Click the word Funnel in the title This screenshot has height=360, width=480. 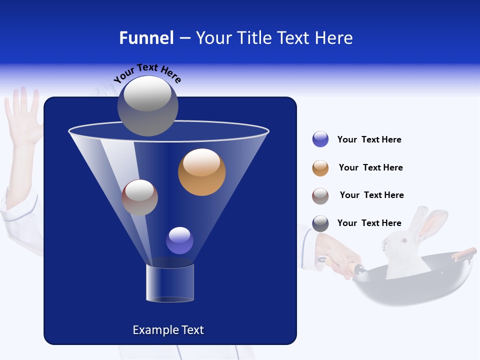point(146,38)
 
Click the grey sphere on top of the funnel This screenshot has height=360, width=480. point(147,105)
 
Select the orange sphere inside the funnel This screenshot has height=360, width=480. point(201,172)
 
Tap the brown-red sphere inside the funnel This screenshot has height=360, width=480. point(139,197)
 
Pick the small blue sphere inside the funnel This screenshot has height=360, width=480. point(179,240)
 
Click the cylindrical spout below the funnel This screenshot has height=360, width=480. point(169,283)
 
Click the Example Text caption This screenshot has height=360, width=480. point(168,330)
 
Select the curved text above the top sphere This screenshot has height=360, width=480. point(147,73)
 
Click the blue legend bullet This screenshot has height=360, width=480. point(320,139)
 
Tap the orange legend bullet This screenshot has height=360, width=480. point(320,168)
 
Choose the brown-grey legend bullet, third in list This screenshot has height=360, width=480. point(320,195)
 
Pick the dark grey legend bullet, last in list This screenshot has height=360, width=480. point(320,223)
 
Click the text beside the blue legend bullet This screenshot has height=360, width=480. point(369,139)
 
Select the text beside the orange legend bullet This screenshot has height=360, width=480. point(370,167)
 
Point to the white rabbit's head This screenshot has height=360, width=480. point(400,245)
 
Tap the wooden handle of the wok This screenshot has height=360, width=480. point(464,253)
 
